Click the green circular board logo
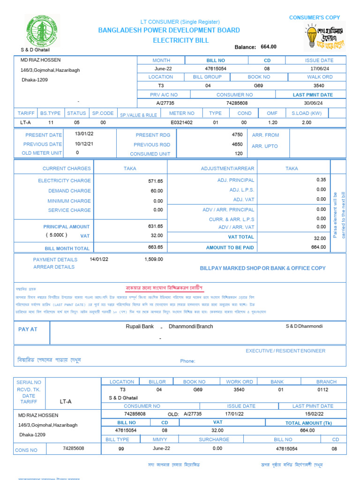(x=42, y=31)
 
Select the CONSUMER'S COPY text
(x=315, y=17)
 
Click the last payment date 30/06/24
(x=313, y=103)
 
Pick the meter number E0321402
(x=182, y=122)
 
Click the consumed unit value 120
(x=239, y=154)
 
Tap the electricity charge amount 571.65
(x=156, y=181)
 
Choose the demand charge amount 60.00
(x=157, y=191)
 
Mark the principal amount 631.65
(x=156, y=226)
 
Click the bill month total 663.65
(x=156, y=247)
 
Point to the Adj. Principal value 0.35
(x=321, y=180)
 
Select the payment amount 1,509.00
(x=154, y=259)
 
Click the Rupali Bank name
(x=140, y=326)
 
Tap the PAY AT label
(x=28, y=330)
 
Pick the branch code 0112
(x=323, y=390)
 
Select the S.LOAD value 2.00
(x=307, y=122)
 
